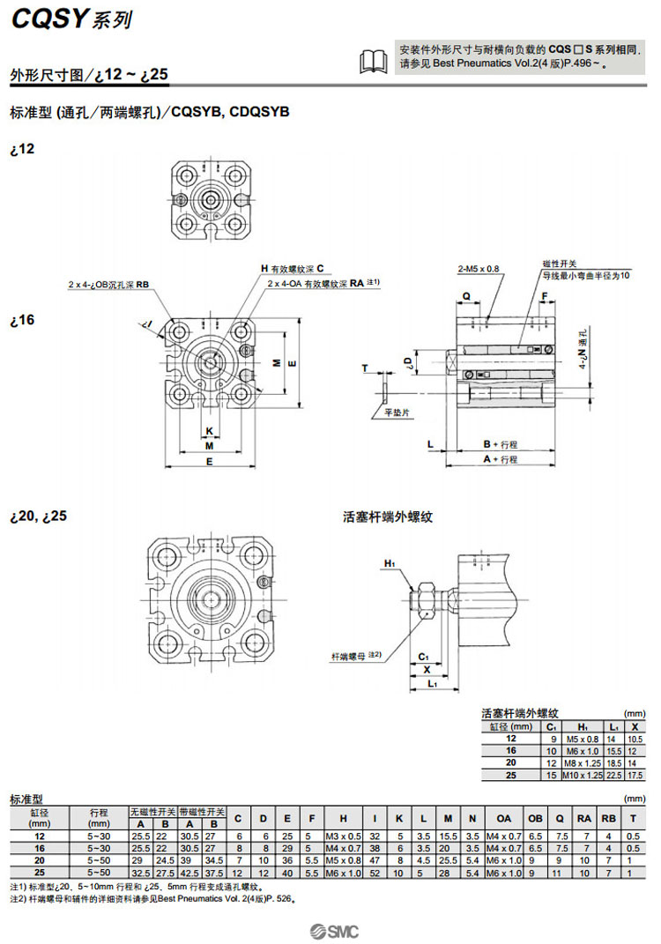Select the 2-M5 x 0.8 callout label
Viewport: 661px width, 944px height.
click(478, 268)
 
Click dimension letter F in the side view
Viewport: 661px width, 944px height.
click(545, 296)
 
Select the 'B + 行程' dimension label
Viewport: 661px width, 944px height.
click(500, 443)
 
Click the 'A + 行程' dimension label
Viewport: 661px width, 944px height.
click(499, 459)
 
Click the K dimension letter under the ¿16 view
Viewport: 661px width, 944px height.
click(209, 431)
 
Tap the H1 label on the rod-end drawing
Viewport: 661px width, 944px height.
click(390, 562)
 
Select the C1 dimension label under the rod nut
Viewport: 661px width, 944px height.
click(423, 657)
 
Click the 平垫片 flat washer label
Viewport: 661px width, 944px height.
click(385, 412)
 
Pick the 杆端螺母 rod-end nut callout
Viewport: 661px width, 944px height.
click(348, 656)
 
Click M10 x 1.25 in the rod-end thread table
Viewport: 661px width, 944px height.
click(581, 775)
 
